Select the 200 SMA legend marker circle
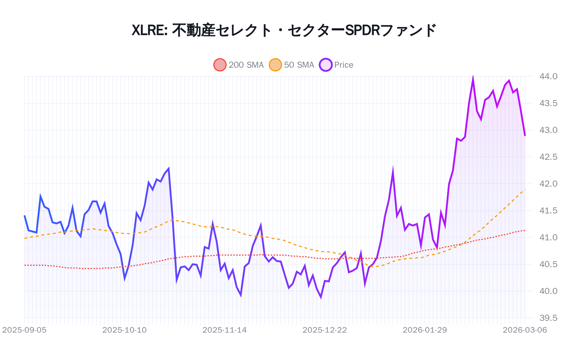[220, 65]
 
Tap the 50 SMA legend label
[299, 65]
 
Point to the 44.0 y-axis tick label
[548, 76]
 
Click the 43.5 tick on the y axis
[548, 103]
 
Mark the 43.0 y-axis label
[548, 130]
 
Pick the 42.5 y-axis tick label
[548, 157]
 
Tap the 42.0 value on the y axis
[548, 184]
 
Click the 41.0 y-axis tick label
[548, 237]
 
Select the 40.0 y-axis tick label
[548, 291]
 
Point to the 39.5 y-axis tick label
[548, 318]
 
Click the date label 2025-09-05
[24, 330]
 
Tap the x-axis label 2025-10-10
[125, 330]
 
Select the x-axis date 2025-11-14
[225, 330]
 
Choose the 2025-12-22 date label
[325, 330]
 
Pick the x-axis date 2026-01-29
[425, 330]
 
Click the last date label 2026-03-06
[525, 330]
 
